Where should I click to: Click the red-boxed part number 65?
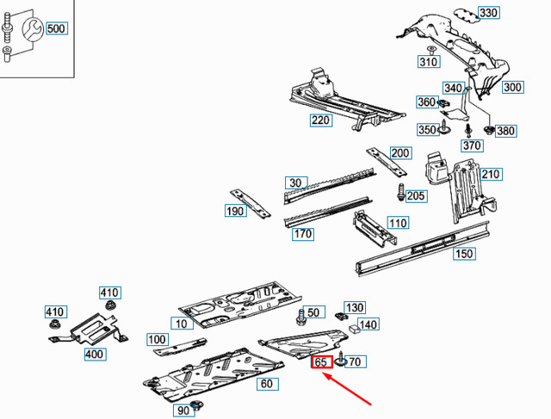tap(322, 362)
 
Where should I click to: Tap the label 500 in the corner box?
tap(56, 28)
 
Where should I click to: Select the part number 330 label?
tap(512, 13)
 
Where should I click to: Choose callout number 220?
tap(321, 120)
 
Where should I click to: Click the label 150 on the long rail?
tap(464, 253)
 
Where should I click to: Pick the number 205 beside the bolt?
tap(417, 196)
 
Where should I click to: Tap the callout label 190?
tap(236, 212)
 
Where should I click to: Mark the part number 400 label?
tap(94, 353)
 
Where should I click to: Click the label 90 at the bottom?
tap(183, 411)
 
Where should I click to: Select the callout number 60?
tap(266, 384)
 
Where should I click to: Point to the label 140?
tap(368, 324)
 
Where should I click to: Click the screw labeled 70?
tap(341, 359)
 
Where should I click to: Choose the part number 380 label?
tap(505, 131)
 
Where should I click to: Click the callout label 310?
tap(429, 62)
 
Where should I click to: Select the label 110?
tap(397, 223)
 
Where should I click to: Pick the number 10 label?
tap(181, 323)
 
